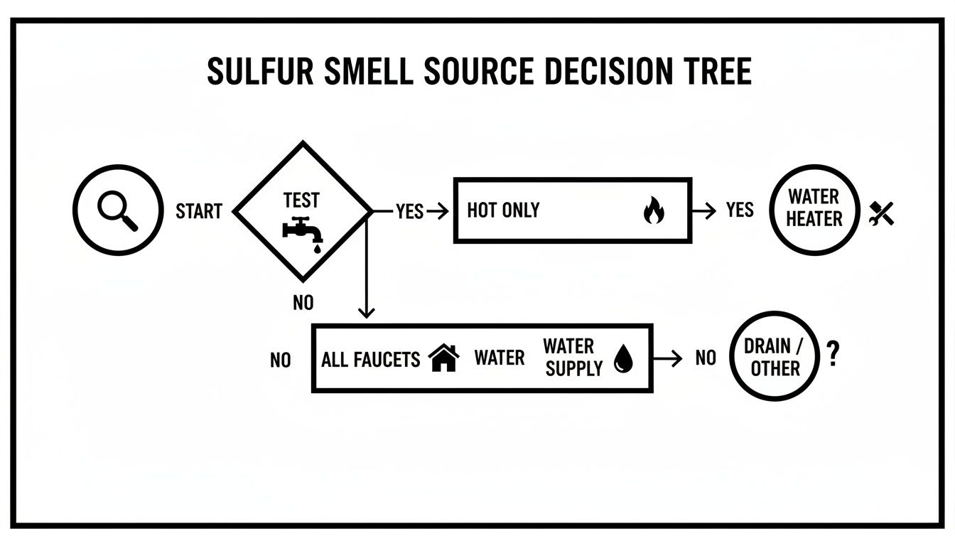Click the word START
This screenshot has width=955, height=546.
coord(198,211)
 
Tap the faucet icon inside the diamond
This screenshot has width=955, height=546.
coord(303,232)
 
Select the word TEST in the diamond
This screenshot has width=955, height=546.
coord(301,200)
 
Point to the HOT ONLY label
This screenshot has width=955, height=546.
coord(503,210)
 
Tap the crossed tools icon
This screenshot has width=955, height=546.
coord(882,213)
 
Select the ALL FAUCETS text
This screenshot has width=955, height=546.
coord(370,359)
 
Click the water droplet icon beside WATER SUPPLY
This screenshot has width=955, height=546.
coord(622,359)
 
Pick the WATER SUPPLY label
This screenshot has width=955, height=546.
coord(573,357)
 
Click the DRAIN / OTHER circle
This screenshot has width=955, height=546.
coord(772,357)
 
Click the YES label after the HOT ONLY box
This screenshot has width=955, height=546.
coord(740,210)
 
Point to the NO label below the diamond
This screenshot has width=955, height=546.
coord(303,303)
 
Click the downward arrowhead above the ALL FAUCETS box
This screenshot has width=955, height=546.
coord(366,312)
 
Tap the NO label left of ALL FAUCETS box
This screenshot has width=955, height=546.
coord(280,360)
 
